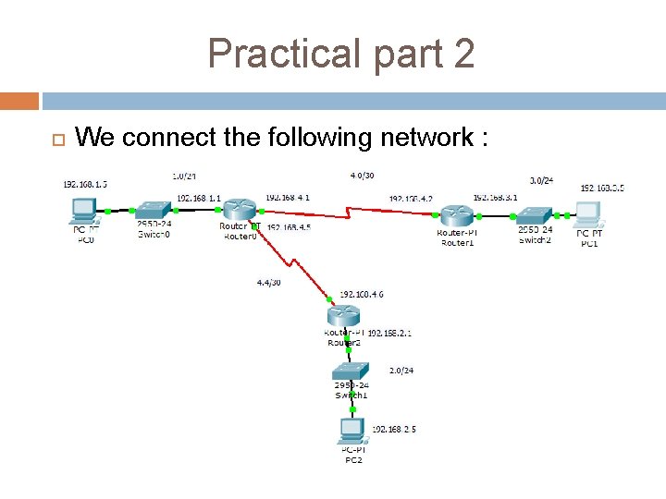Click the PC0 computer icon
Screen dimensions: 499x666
point(84,212)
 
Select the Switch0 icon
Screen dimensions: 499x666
point(153,211)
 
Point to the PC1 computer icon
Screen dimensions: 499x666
point(589,214)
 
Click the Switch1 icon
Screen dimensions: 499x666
point(351,372)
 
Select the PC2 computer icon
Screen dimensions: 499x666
point(351,430)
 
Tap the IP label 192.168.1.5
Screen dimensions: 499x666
point(85,184)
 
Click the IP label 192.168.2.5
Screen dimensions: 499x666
point(393,429)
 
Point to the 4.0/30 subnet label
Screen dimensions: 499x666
point(363,174)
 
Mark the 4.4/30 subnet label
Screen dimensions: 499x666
point(270,282)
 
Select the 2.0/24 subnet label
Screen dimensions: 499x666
point(401,371)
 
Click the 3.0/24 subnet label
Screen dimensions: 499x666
point(541,180)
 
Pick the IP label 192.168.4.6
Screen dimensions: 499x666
point(361,294)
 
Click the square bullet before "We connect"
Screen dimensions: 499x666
point(55,140)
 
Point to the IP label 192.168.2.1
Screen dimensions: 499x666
point(391,332)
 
